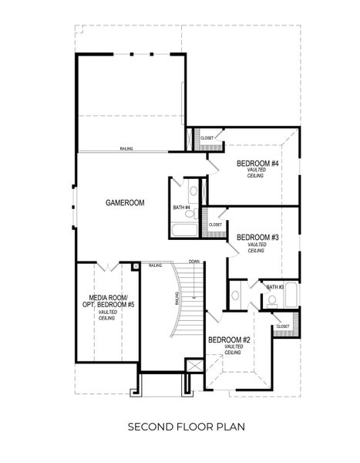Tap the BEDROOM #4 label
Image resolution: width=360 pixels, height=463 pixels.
(257, 164)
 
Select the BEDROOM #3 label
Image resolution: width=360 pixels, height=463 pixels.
(257, 238)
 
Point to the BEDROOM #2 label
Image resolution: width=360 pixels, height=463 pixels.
(229, 340)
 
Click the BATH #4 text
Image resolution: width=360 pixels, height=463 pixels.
(182, 208)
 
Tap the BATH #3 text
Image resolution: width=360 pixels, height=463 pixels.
(275, 287)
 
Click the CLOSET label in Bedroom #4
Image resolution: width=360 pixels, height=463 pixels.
(207, 138)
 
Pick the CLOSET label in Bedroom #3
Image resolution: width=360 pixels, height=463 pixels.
(215, 225)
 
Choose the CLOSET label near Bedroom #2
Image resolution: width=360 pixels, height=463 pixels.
(282, 326)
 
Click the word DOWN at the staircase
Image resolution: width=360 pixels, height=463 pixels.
(194, 262)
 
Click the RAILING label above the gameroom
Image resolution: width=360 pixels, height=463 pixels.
(128, 148)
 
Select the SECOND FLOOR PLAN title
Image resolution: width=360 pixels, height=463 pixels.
(180, 425)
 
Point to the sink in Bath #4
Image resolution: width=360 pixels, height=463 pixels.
(193, 189)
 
